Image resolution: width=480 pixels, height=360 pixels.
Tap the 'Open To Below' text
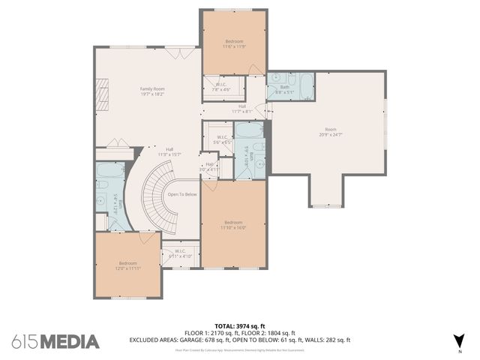tap(182, 193)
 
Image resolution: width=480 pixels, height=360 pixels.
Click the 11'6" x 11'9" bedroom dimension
tap(234, 46)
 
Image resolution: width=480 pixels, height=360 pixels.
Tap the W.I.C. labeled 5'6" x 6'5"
tap(221, 139)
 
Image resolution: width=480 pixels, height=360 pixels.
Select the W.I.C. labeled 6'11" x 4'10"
tap(180, 253)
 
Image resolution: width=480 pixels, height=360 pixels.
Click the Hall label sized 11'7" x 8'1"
tap(242, 109)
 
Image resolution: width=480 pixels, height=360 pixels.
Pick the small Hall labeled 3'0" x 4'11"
tap(209, 166)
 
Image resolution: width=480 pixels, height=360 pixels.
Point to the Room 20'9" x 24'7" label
tap(331, 132)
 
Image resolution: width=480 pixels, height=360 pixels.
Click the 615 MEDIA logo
tap(55, 341)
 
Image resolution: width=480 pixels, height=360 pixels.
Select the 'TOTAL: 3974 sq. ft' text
tap(240, 326)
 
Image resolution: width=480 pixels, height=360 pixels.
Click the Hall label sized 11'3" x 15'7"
tap(170, 151)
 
